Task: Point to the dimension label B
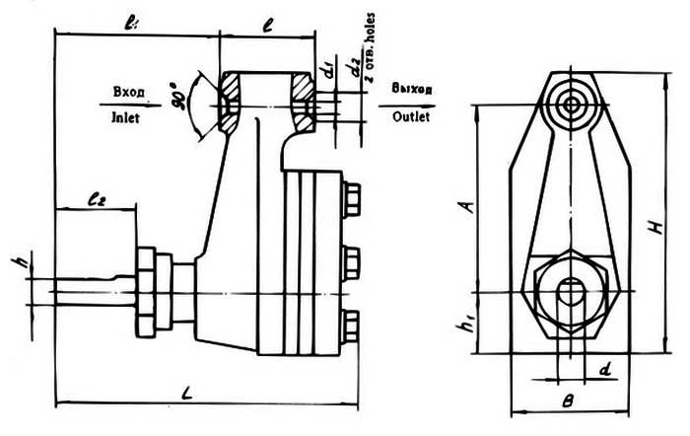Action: (x=565, y=403)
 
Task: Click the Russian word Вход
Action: (x=129, y=92)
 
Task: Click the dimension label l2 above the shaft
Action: (x=95, y=198)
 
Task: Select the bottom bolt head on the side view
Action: (x=351, y=327)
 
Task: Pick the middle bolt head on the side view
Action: (x=351, y=261)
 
